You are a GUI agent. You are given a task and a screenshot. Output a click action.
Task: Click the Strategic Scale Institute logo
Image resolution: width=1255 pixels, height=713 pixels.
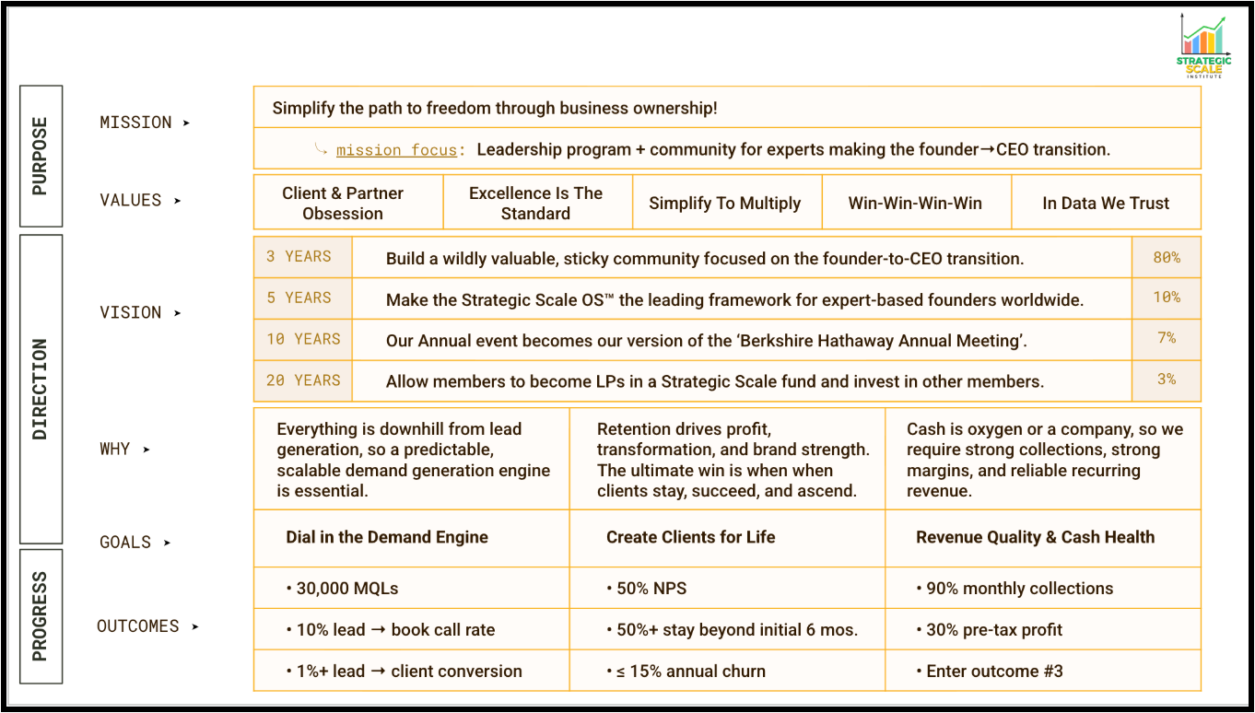point(1203,46)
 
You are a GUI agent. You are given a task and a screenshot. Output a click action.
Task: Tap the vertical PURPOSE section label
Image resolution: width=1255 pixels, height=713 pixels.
point(41,156)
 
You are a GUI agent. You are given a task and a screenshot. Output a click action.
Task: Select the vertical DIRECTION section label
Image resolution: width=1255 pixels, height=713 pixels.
point(41,389)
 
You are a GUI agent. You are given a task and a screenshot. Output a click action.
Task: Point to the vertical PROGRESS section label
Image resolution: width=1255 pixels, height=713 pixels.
point(41,616)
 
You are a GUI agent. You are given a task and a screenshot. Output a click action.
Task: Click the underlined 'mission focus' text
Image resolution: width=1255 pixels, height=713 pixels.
point(396,150)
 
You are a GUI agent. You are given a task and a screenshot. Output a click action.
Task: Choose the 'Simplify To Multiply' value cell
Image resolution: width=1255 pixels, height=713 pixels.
point(725,204)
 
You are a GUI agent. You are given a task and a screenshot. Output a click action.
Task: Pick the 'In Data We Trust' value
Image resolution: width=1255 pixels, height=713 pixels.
point(1106,204)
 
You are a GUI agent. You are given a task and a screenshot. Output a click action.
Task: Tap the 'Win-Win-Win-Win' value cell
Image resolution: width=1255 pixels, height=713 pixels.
point(915,204)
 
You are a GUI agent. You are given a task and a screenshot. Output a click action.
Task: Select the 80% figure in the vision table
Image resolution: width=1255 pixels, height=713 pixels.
point(1167,258)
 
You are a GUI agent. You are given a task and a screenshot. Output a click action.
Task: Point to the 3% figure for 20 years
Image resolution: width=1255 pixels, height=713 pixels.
point(1167,380)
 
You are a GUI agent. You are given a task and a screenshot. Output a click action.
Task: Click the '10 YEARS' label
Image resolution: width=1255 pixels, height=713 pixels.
point(303,339)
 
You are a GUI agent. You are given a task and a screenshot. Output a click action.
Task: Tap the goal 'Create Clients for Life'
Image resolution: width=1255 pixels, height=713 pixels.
point(690,537)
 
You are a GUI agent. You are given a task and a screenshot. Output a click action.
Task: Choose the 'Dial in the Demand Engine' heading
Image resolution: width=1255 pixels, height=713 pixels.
point(387,537)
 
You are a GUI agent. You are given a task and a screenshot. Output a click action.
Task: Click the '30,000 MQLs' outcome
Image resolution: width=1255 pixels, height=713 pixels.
point(346,589)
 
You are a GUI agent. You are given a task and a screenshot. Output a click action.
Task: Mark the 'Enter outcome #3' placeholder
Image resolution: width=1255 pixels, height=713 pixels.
point(994,672)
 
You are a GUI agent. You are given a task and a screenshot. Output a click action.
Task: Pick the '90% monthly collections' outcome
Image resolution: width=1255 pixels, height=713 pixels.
point(1019,589)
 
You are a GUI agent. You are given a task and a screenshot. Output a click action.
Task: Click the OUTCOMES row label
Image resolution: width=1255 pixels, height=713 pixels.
point(138,626)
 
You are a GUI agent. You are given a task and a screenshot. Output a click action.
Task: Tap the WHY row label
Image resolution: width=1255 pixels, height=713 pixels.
point(115,450)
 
